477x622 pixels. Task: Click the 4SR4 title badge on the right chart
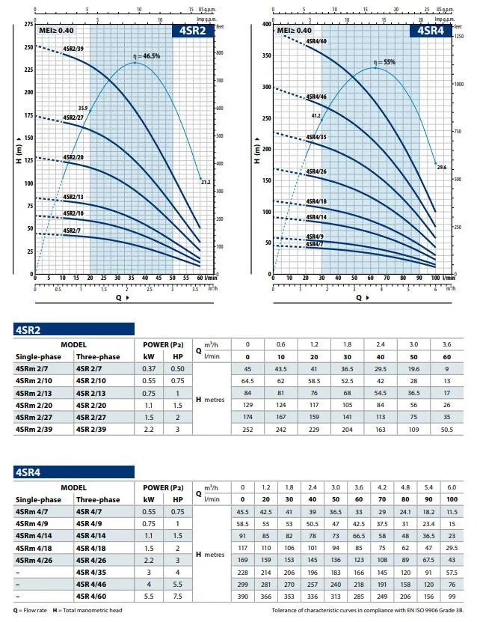pos(429,31)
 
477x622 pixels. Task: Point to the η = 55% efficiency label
pos(384,63)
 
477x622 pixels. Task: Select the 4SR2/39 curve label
pos(74,49)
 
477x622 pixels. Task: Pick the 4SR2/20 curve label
pos(74,157)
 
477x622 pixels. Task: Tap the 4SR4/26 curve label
pos(316,171)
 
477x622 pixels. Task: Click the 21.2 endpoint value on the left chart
pos(206,182)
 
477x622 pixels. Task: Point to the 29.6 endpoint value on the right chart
pos(441,168)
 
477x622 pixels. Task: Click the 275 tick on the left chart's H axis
pos(28,25)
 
